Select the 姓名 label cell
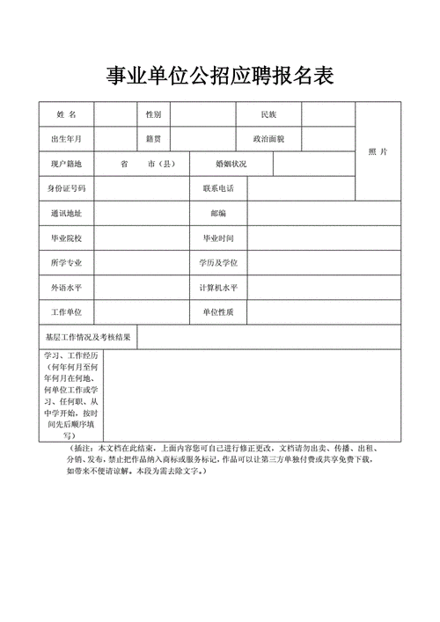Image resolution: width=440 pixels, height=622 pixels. click(67, 115)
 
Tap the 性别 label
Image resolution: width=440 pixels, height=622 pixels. click(154, 115)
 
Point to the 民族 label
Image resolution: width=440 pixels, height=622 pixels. click(269, 115)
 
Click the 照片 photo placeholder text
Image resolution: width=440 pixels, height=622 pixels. click(378, 151)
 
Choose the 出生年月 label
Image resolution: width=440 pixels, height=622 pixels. click(67, 139)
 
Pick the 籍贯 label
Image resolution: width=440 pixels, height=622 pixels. click(154, 139)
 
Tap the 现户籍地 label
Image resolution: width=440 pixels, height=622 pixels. click(67, 164)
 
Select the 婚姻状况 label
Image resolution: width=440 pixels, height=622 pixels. click(231, 164)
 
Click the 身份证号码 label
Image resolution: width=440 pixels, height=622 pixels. click(67, 188)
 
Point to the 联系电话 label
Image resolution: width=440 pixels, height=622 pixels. click(218, 188)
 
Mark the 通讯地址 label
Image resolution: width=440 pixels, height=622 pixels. click(67, 213)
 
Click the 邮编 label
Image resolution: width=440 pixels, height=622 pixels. click(218, 213)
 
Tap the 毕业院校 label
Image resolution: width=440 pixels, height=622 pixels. click(67, 238)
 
